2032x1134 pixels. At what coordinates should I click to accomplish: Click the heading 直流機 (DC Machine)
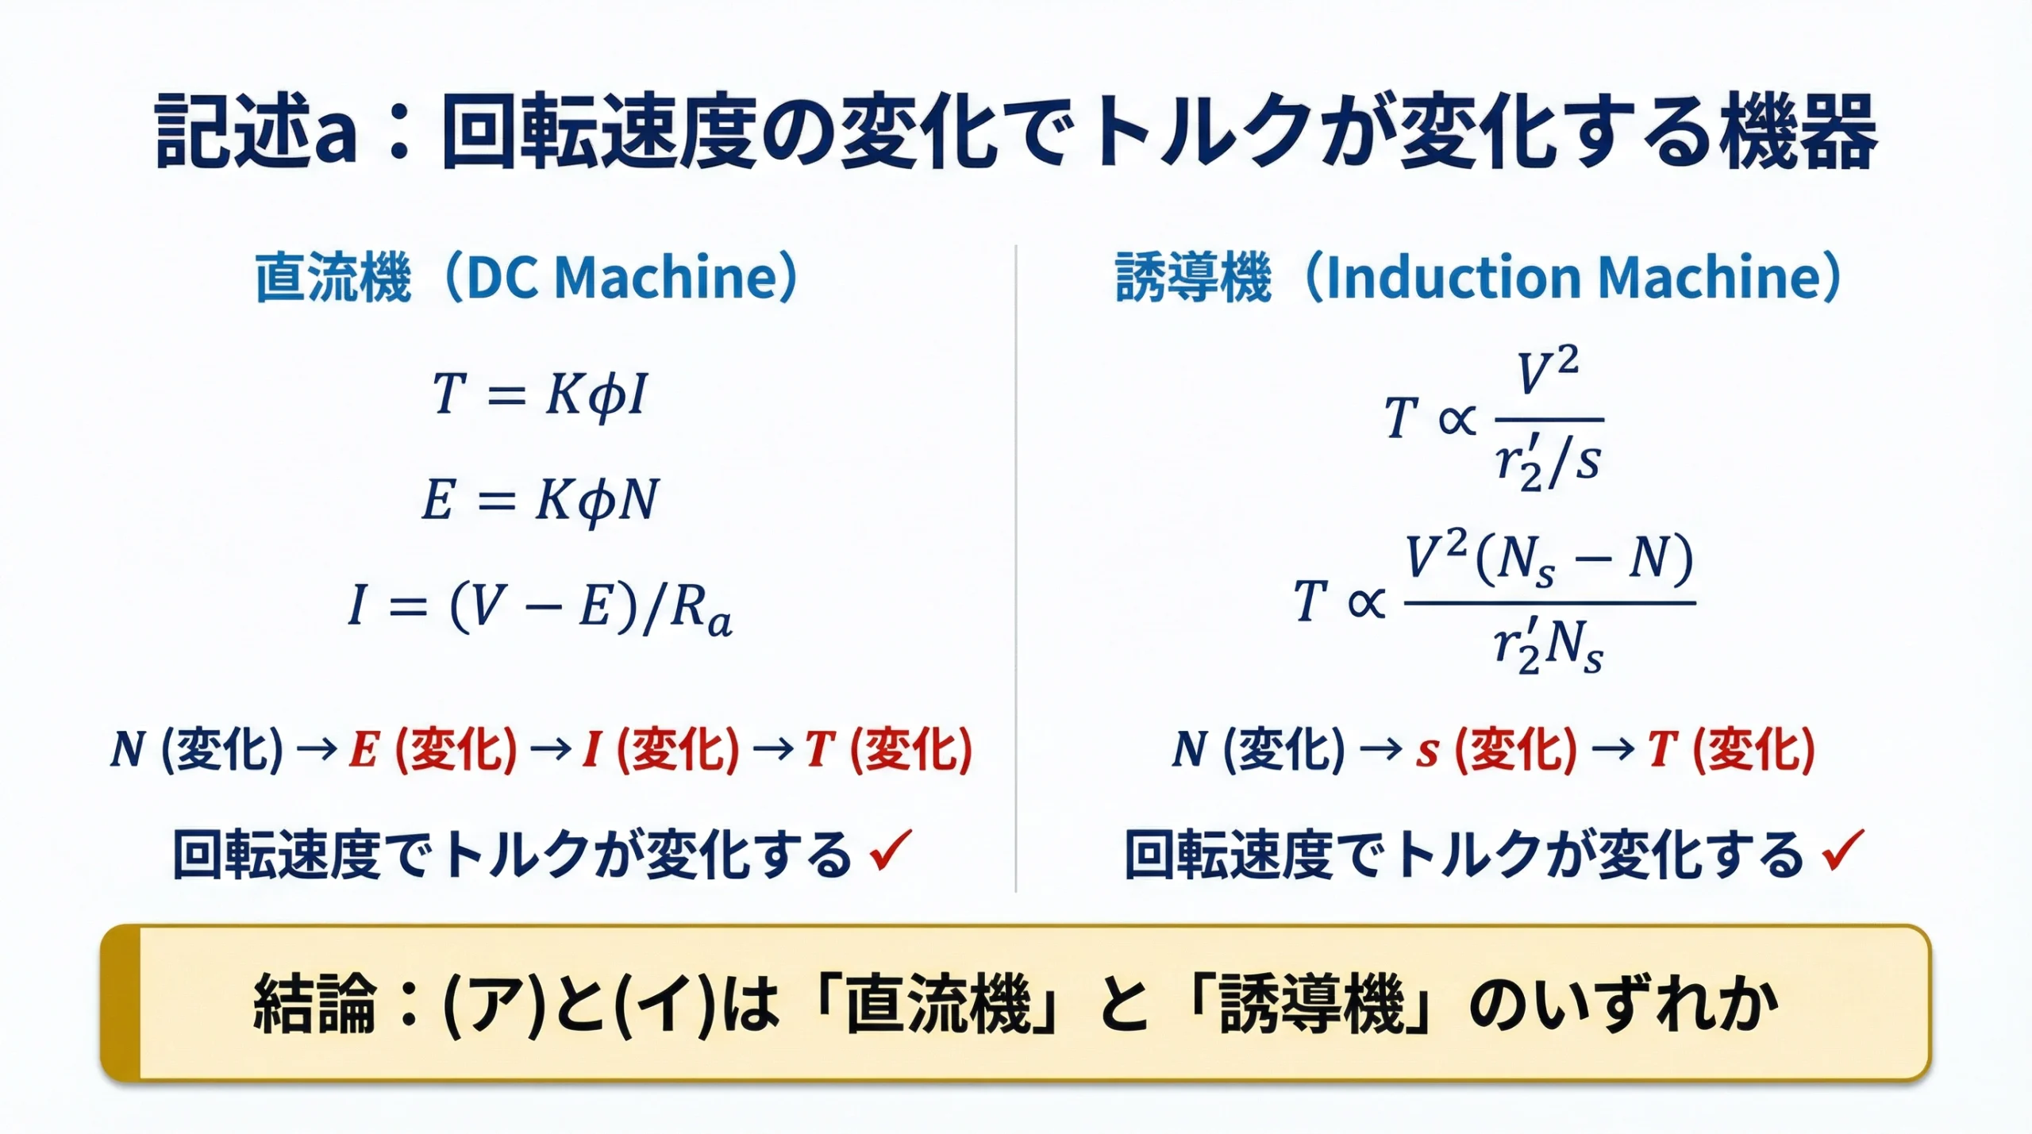click(525, 278)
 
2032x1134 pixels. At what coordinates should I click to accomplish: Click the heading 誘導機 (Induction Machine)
click(1477, 278)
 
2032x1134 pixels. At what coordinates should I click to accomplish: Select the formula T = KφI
click(540, 394)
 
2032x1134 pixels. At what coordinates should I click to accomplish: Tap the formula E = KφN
click(540, 501)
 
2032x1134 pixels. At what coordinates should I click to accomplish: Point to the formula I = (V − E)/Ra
click(540, 608)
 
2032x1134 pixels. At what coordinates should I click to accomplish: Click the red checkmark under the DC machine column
click(891, 851)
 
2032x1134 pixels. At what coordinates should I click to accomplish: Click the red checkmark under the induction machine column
click(1842, 851)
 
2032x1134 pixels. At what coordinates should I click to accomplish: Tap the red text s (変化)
click(1495, 749)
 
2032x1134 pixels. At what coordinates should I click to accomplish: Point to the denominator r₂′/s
click(1548, 462)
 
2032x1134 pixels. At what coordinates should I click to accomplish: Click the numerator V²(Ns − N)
click(1549, 558)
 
